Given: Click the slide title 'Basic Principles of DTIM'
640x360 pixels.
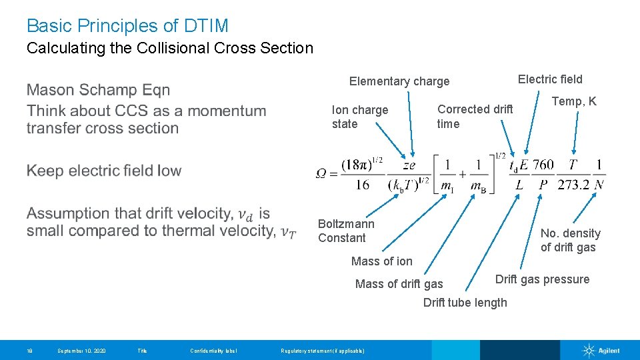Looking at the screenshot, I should click(x=127, y=26).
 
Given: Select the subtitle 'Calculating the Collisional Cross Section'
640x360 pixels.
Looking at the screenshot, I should click(x=169, y=48).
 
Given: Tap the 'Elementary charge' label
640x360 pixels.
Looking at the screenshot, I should click(x=399, y=81).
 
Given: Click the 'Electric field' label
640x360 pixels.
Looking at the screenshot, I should click(x=550, y=79).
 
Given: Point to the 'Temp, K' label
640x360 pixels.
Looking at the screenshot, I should click(x=573, y=101).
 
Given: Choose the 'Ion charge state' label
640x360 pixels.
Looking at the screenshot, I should click(x=359, y=117).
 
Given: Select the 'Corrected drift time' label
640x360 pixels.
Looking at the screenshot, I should click(x=475, y=116).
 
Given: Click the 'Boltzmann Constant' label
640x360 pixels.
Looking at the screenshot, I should click(x=346, y=231).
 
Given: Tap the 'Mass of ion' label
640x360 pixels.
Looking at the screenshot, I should click(x=381, y=261).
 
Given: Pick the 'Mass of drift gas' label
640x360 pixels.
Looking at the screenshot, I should click(x=399, y=284).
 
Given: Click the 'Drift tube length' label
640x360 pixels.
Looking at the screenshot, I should click(x=465, y=303).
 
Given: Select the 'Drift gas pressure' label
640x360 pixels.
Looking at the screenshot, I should click(x=542, y=279).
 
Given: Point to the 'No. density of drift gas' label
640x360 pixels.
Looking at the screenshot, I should click(x=570, y=240).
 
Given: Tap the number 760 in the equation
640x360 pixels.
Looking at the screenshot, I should click(x=543, y=165).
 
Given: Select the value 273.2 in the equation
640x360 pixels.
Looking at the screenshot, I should click(x=573, y=185).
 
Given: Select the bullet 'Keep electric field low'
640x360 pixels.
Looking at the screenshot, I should click(x=104, y=171).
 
